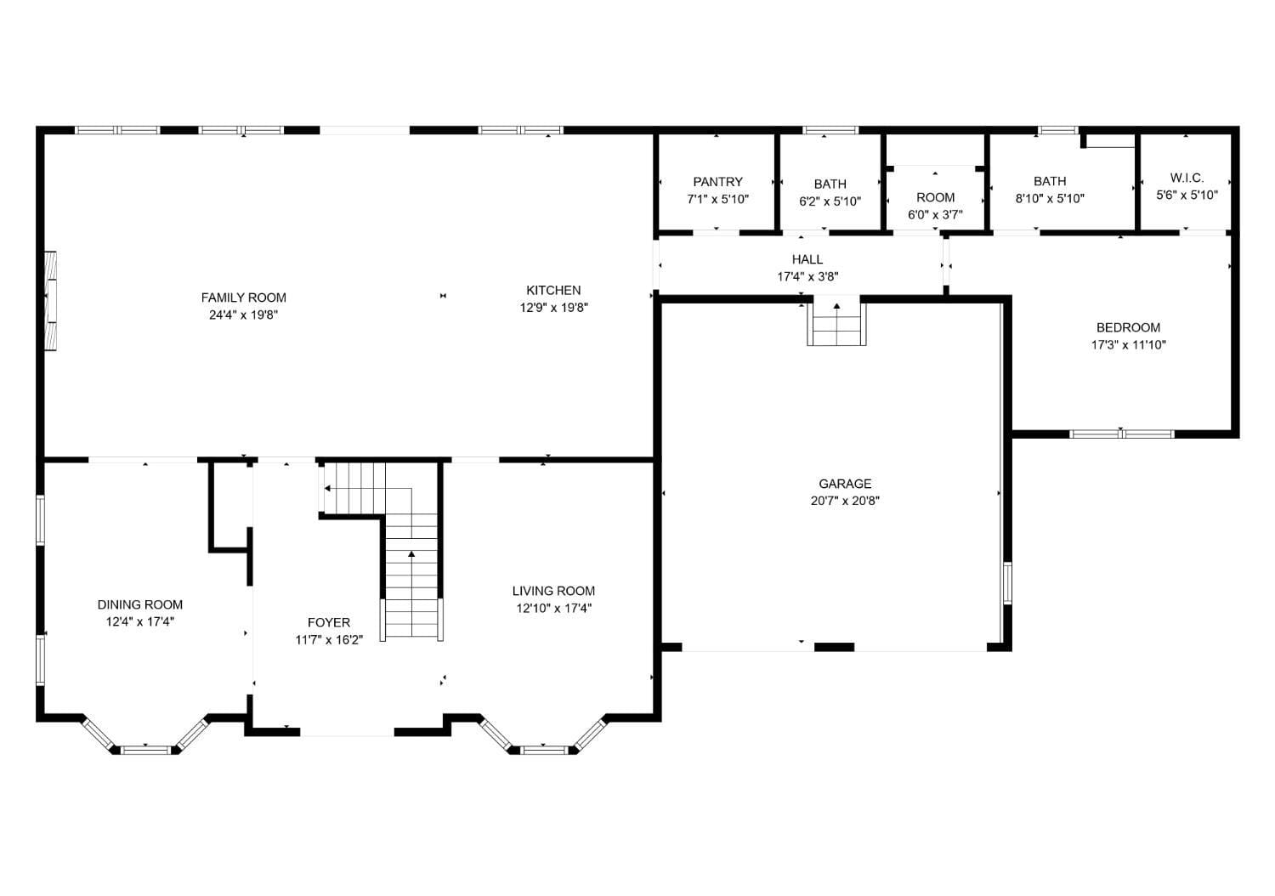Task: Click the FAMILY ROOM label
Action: [243, 298]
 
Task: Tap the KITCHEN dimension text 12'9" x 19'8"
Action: [553, 308]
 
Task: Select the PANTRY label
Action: [717, 182]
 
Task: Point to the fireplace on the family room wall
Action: [50, 301]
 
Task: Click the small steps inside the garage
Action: [836, 322]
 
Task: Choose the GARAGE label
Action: [845, 484]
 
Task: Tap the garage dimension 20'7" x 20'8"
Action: [845, 501]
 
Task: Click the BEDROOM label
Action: [1128, 327]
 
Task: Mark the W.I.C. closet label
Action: [1187, 178]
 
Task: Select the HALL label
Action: [807, 259]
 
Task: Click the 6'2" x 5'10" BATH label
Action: [830, 184]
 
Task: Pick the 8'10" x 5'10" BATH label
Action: [1050, 181]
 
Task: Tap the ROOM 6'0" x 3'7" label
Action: [935, 197]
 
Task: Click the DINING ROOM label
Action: [140, 604]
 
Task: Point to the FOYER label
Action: [329, 622]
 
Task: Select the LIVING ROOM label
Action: [553, 591]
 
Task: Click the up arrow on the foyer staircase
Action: [411, 555]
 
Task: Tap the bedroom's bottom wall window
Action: [1121, 434]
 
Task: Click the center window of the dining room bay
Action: [145, 749]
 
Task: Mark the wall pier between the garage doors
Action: [834, 647]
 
